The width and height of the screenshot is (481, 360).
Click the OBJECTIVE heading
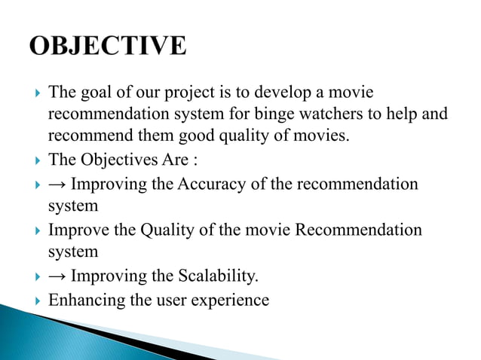[x=108, y=46]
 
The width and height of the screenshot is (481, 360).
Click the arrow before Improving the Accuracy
[x=58, y=184]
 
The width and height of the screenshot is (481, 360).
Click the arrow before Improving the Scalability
[x=58, y=277]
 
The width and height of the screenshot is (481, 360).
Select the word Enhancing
[x=82, y=301]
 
